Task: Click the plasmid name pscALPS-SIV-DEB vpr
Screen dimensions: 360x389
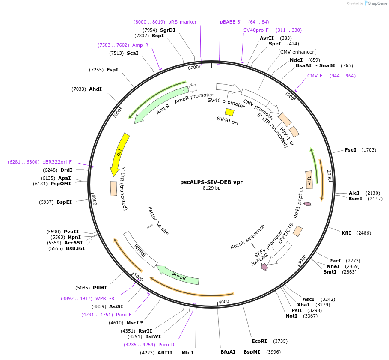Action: (x=211, y=182)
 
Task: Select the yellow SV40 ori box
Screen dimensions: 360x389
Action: (x=229, y=112)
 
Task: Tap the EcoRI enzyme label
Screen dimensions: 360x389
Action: (x=259, y=341)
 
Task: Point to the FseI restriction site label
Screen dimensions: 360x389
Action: (x=350, y=150)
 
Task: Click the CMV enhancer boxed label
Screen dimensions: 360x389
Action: (x=297, y=52)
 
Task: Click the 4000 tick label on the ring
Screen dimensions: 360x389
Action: (x=224, y=302)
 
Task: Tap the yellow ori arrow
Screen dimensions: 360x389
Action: (x=119, y=154)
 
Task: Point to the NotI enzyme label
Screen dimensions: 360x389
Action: (x=291, y=316)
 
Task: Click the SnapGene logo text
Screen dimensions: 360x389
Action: (x=377, y=3)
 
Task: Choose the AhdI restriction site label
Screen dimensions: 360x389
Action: (x=95, y=89)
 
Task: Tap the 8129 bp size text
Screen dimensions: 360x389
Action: (x=211, y=188)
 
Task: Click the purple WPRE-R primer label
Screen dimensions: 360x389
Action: (x=105, y=298)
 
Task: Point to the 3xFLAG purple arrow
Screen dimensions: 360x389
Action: (x=264, y=267)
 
